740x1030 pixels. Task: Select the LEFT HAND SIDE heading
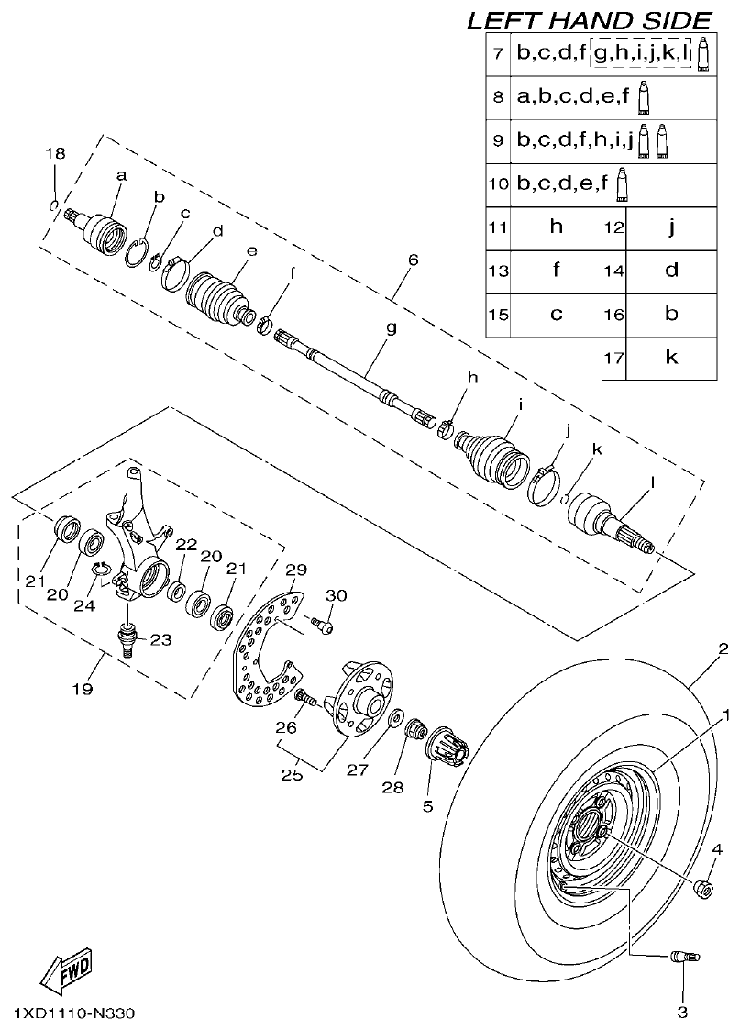pyautogui.click(x=589, y=20)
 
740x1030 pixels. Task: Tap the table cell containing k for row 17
pyautogui.click(x=671, y=358)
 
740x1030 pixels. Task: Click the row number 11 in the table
pyautogui.click(x=498, y=227)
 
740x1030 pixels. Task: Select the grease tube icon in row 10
pyautogui.click(x=623, y=183)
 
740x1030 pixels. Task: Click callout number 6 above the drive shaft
pyautogui.click(x=413, y=260)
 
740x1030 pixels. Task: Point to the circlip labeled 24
pyautogui.click(x=105, y=573)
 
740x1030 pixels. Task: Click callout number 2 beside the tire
pyautogui.click(x=723, y=650)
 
